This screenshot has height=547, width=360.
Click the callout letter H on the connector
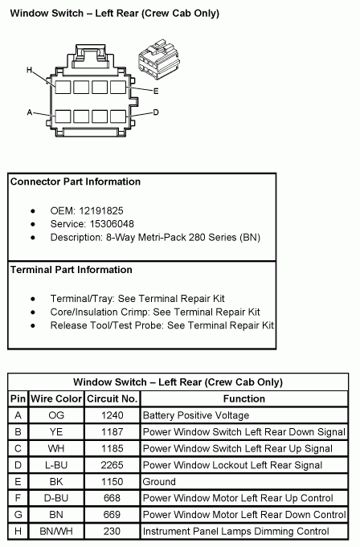click(29, 70)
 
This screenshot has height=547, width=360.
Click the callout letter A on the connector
click(29, 112)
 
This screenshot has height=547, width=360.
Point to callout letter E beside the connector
click(156, 91)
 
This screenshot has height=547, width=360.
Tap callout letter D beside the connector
click(156, 112)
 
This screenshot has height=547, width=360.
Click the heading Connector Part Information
click(76, 182)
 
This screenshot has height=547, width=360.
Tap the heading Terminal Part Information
click(72, 270)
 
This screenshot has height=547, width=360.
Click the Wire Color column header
click(56, 398)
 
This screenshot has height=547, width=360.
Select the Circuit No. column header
click(114, 398)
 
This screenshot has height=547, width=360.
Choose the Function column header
click(244, 398)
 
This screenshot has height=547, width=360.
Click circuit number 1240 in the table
click(113, 415)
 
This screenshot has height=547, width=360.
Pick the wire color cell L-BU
click(56, 465)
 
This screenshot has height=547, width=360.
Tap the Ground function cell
click(159, 482)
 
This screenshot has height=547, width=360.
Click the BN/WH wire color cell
click(56, 531)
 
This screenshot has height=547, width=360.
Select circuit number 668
click(113, 498)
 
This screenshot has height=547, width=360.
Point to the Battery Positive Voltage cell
click(196, 415)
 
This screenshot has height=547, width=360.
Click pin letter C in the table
click(18, 448)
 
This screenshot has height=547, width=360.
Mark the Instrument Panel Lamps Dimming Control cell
click(235, 531)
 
